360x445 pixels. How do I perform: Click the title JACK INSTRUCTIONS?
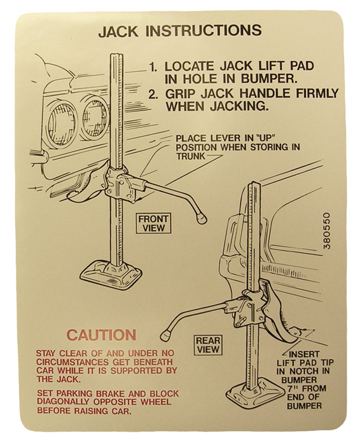tap(180, 31)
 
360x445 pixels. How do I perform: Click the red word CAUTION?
tap(101, 335)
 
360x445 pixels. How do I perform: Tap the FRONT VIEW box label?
tap(153, 223)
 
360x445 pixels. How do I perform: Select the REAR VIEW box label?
tap(208, 345)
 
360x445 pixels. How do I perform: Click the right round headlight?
tap(95, 119)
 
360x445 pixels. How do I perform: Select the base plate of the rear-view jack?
tap(255, 395)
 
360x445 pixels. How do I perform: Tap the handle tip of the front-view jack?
tap(201, 219)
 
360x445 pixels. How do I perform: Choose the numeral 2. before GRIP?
tap(153, 95)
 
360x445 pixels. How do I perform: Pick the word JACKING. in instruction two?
tap(239, 106)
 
